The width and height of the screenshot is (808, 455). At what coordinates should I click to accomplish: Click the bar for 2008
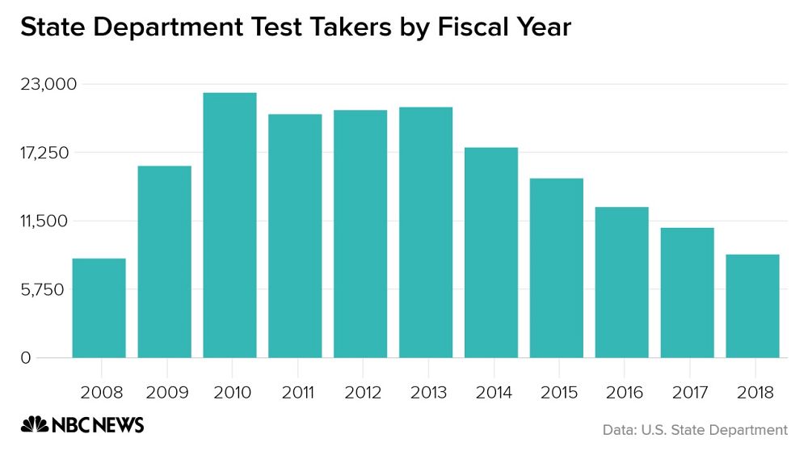tap(99, 308)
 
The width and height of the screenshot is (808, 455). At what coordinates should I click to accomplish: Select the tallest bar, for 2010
tap(229, 225)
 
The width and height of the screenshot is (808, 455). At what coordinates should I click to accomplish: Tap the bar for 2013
tap(426, 232)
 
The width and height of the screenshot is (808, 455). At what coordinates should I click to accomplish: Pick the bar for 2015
tap(557, 268)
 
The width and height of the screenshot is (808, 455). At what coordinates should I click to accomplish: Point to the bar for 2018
tap(752, 305)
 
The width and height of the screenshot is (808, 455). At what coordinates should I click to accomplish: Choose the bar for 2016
tap(622, 282)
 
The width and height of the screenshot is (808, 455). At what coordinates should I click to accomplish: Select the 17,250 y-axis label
tap(48, 153)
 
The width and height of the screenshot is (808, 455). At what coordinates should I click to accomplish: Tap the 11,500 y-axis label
tap(48, 221)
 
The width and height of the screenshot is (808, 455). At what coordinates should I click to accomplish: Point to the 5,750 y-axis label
tap(51, 289)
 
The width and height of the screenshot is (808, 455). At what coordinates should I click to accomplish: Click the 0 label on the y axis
tap(26, 358)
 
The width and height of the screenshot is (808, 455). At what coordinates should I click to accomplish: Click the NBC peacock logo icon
tap(34, 425)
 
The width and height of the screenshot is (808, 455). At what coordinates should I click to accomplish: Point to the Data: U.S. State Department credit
tap(695, 430)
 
